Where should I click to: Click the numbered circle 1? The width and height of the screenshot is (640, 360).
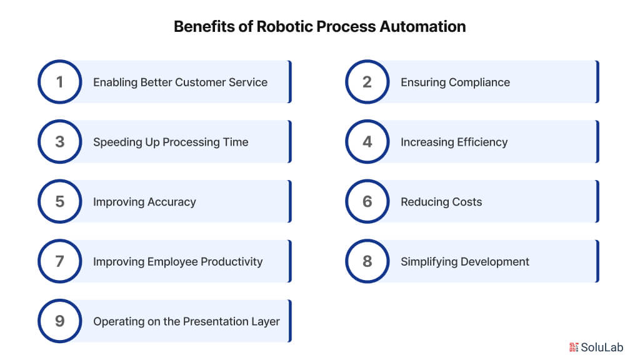click(x=59, y=82)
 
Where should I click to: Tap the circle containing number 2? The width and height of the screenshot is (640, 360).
click(x=367, y=82)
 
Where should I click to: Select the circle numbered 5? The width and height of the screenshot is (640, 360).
click(x=59, y=202)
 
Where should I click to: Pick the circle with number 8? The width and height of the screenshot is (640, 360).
click(x=367, y=261)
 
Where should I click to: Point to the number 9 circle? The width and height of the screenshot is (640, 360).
click(x=59, y=321)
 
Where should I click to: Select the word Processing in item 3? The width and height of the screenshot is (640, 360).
click(x=191, y=142)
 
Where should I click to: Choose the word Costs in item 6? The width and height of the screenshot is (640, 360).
click(x=467, y=202)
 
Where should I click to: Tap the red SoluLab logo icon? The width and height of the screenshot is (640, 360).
click(x=574, y=347)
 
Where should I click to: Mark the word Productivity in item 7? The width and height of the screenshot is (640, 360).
click(x=231, y=261)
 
